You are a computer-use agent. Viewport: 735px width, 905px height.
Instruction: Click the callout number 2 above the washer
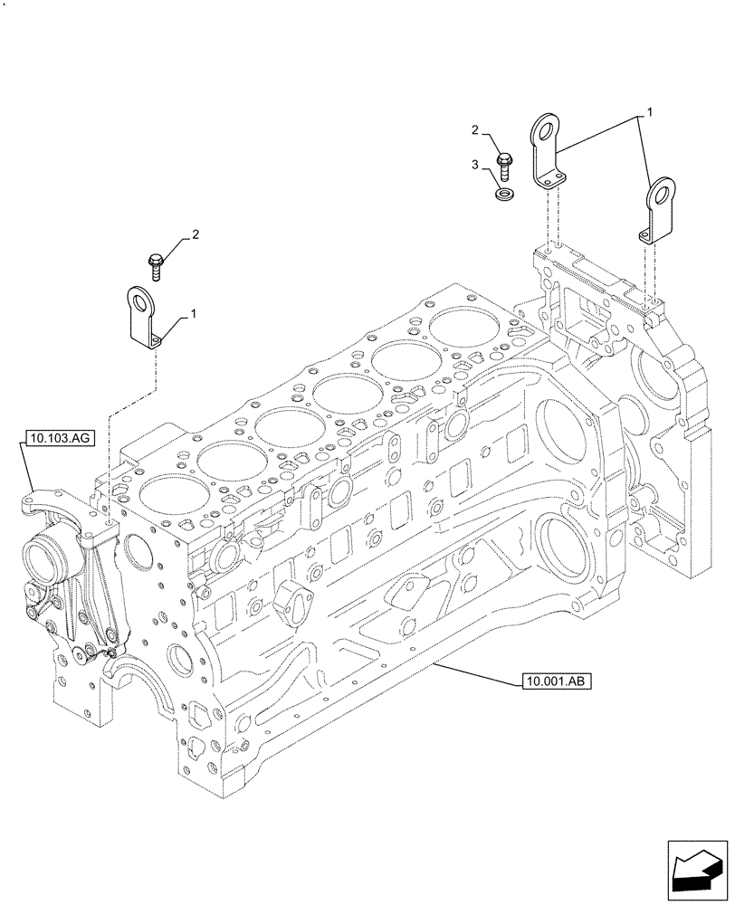point(474,131)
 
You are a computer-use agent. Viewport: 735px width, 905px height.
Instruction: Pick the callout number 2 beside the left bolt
point(194,235)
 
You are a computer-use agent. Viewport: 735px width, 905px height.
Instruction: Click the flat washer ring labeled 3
point(505,193)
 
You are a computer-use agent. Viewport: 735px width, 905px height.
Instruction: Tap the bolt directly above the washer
point(505,167)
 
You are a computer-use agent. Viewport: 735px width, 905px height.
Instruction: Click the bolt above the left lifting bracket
point(155,265)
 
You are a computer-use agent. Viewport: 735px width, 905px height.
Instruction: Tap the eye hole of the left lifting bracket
point(140,300)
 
